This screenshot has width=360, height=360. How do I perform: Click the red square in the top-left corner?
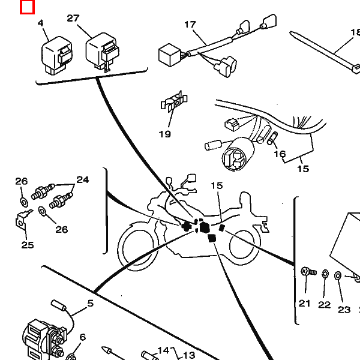[x=27, y=7]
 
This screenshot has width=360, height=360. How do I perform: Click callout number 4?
[x=41, y=23]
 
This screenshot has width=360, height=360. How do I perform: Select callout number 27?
[x=73, y=19]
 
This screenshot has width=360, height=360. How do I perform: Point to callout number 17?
[x=190, y=25]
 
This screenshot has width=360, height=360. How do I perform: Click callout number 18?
[x=355, y=33]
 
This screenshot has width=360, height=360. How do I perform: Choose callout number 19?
[x=165, y=134]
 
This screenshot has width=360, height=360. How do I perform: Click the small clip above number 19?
[x=175, y=104]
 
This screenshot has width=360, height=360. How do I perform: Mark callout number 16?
[x=280, y=154]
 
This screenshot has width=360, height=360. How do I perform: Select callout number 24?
[x=82, y=179]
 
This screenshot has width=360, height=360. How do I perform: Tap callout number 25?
[x=27, y=244]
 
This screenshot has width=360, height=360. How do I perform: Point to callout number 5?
[x=91, y=304]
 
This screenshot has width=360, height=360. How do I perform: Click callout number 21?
[x=305, y=304]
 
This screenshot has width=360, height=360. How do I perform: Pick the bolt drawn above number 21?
[x=308, y=272]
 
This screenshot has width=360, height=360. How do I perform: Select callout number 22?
[x=325, y=305]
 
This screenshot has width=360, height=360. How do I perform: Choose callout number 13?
[x=189, y=355]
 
